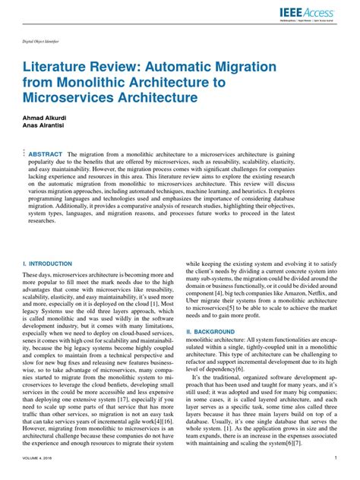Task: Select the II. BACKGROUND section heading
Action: click(x=210, y=333)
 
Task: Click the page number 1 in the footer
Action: click(x=335, y=459)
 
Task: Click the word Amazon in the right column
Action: click(x=289, y=292)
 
